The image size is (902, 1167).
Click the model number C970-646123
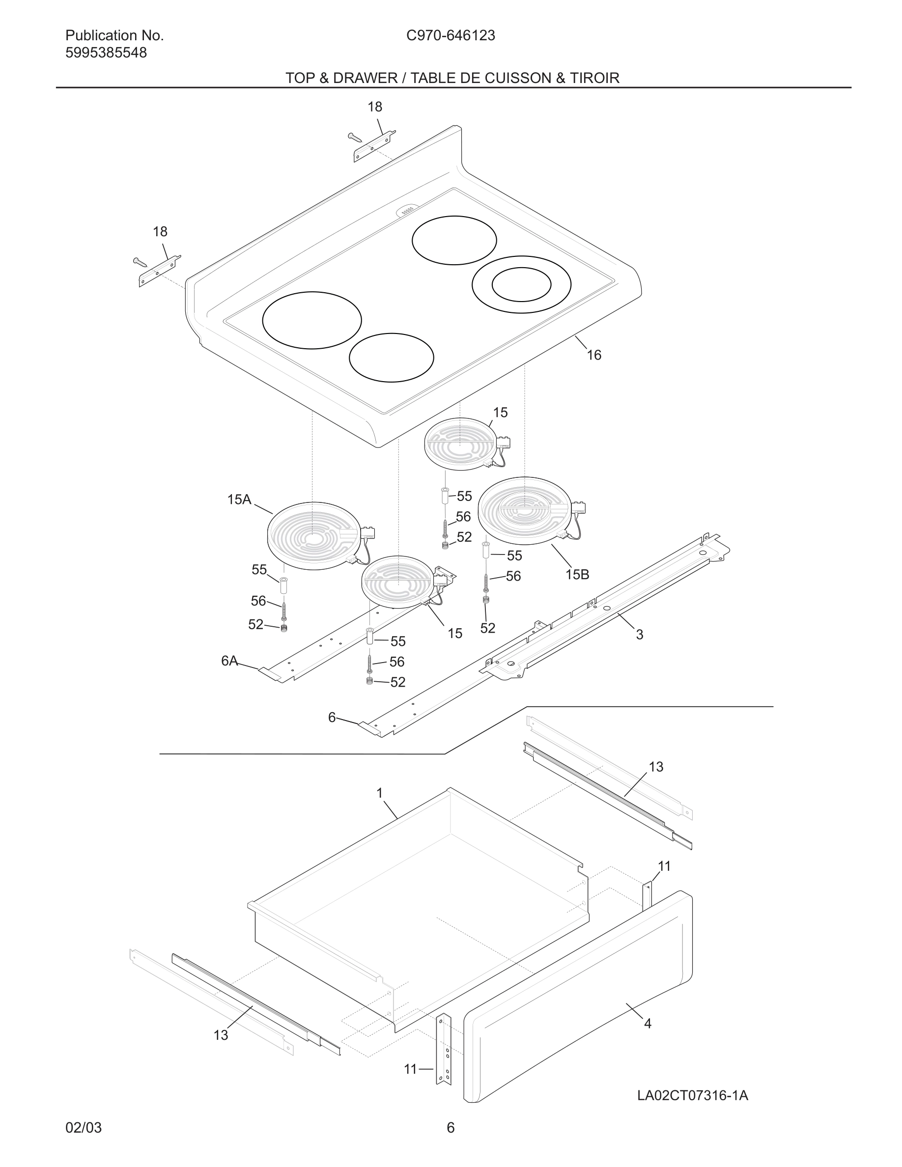[451, 35]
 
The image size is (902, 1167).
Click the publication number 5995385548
[106, 53]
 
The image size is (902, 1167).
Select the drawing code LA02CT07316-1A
[692, 1095]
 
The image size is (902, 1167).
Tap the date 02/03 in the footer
[84, 1128]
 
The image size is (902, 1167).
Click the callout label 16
[593, 355]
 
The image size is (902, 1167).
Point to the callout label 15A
[239, 500]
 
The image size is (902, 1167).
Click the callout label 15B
[577, 575]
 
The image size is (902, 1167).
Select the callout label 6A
[229, 661]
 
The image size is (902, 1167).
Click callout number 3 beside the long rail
[639, 635]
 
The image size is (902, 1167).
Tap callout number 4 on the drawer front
[648, 1023]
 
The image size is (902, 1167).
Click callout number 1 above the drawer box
[379, 793]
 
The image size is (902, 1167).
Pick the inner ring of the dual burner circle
[521, 285]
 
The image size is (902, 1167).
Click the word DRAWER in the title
[365, 78]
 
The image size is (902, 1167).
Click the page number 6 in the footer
[451, 1128]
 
